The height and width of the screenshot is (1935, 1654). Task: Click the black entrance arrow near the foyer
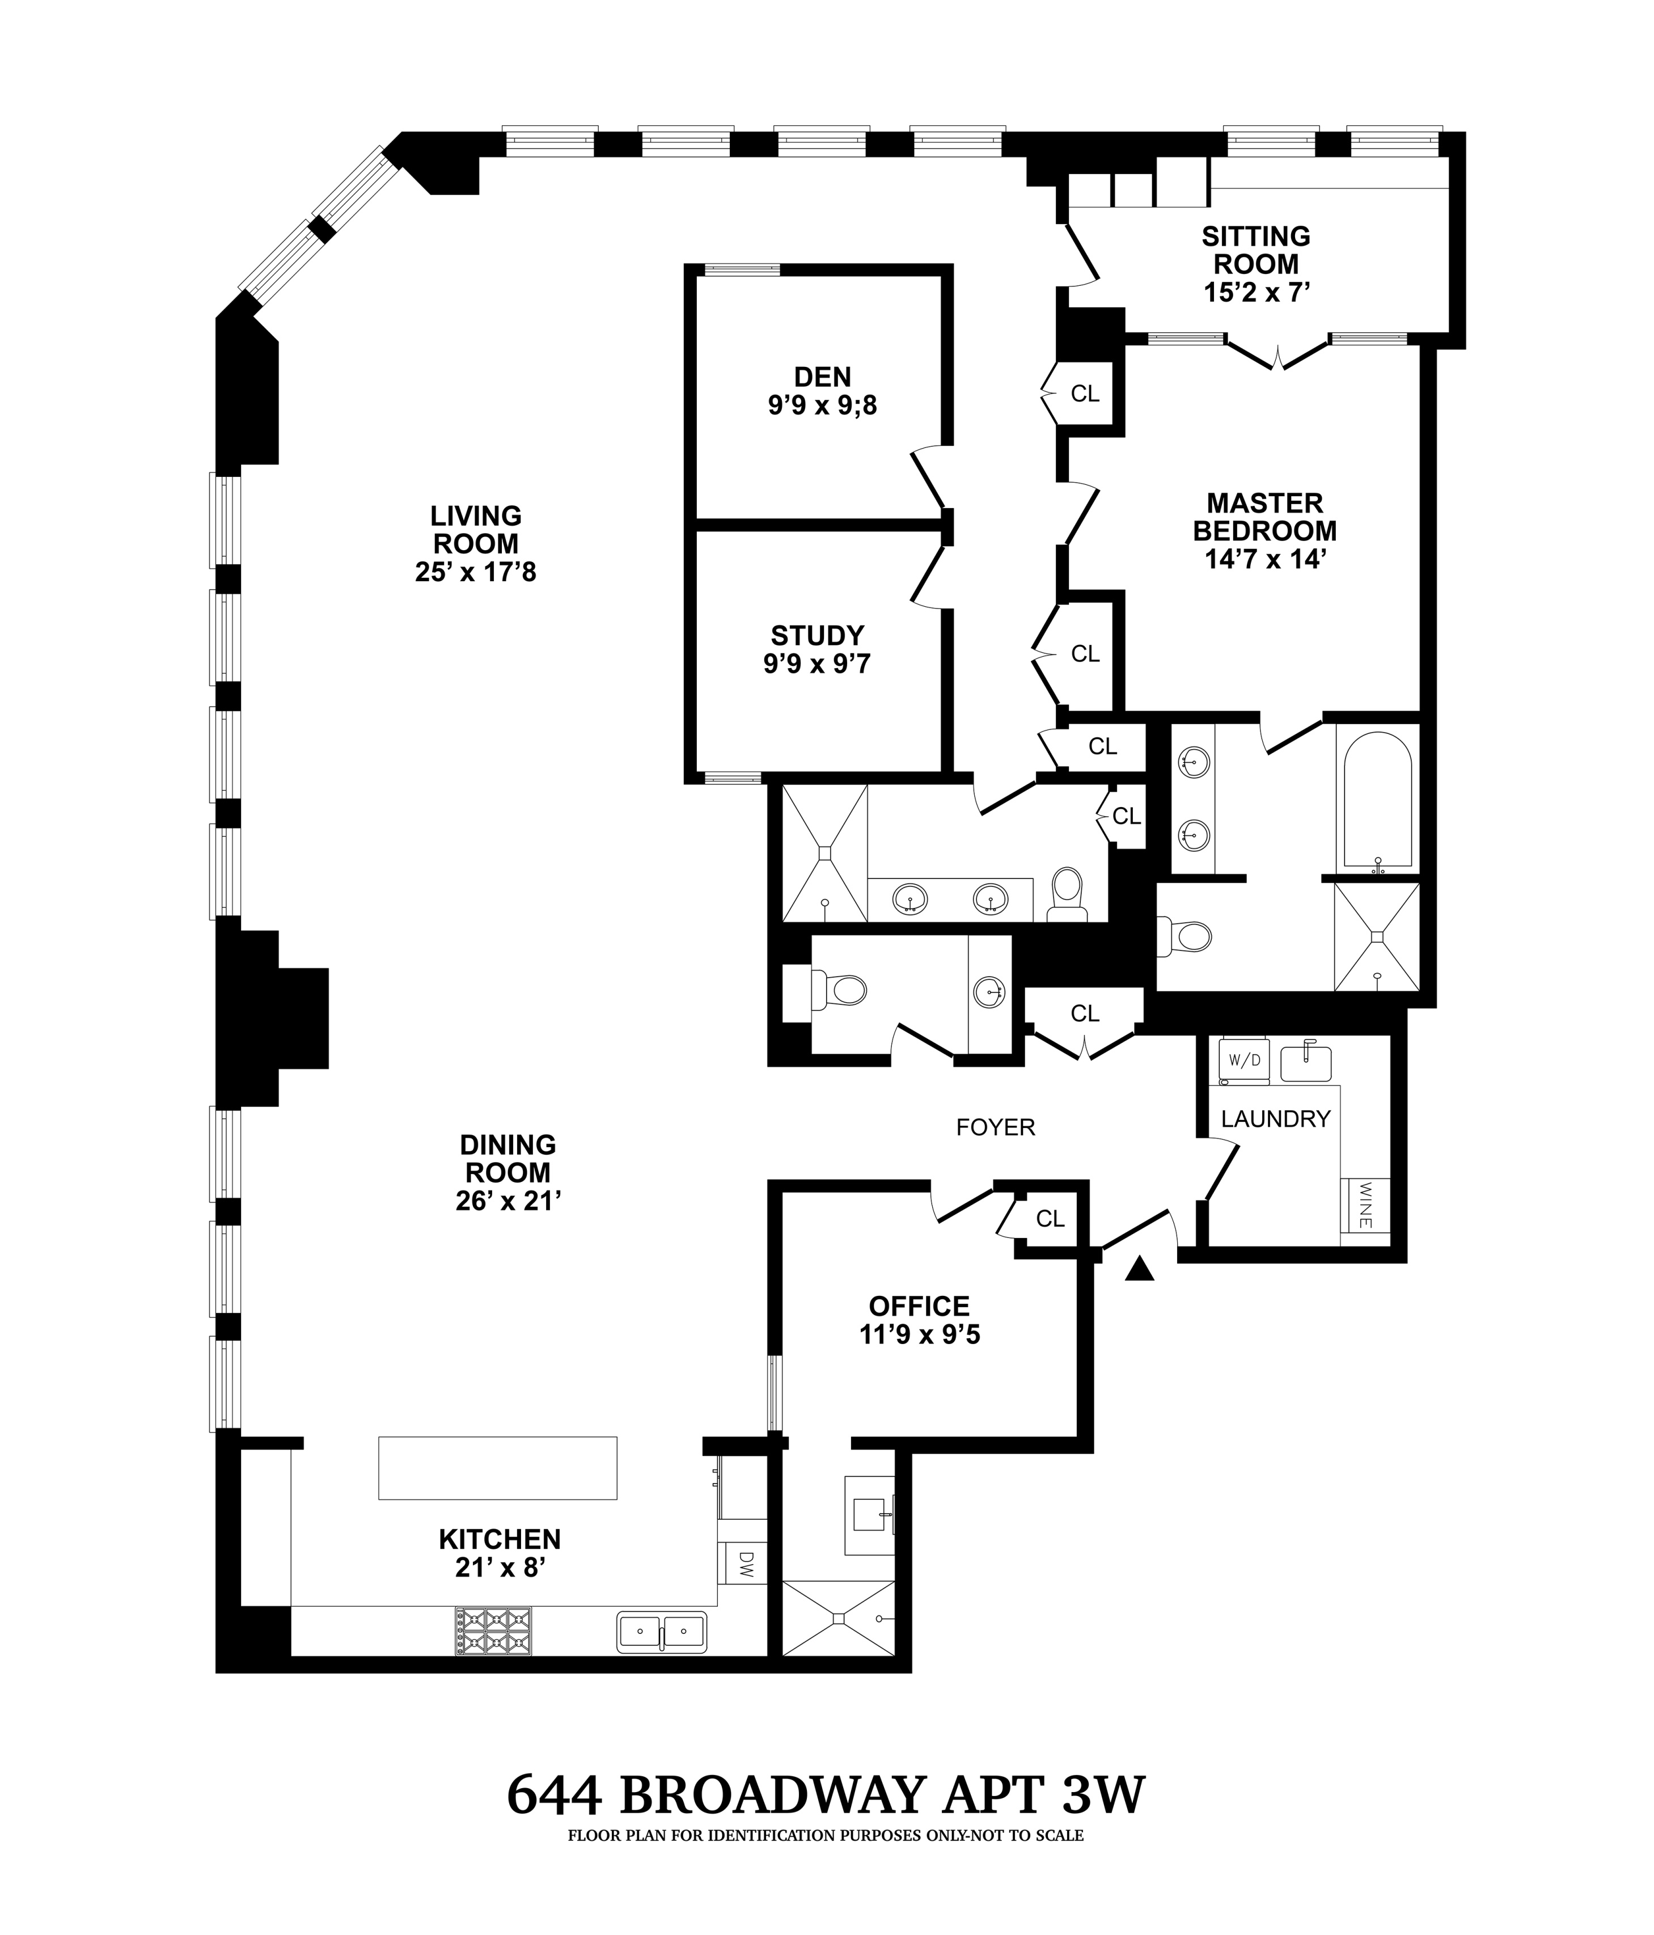point(1139,1268)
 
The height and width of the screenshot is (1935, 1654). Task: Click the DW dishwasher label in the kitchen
point(745,1562)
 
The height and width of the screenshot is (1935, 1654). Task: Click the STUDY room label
point(817,635)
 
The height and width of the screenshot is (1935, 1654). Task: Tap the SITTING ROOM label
point(1255,250)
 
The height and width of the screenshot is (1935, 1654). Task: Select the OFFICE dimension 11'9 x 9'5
point(920,1334)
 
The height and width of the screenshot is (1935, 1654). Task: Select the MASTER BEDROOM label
point(1264,517)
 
